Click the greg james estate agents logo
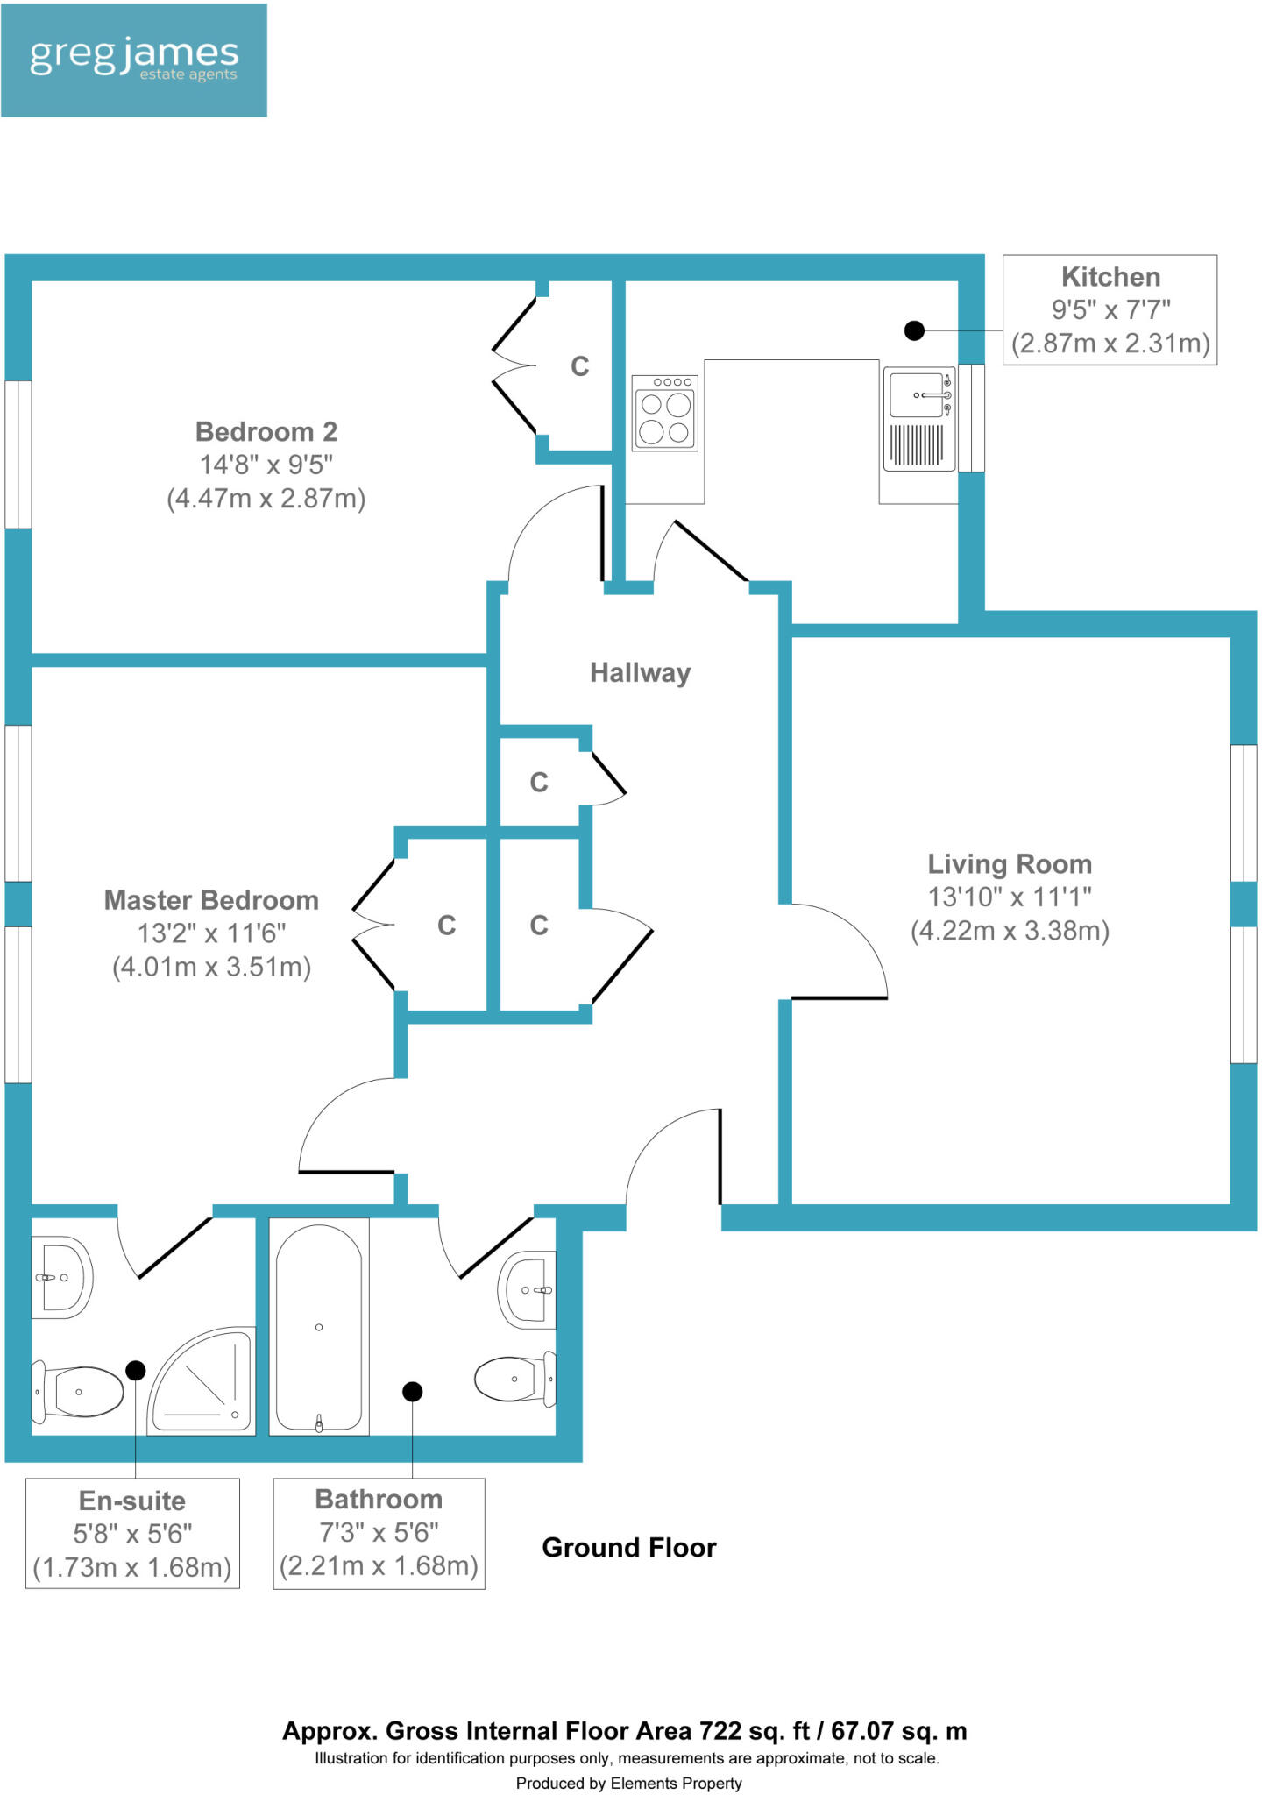134,60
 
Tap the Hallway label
640,672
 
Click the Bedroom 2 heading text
266,431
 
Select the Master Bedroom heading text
211,900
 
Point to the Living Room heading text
1010,864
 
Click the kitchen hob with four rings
665,413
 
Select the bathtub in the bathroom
319,1327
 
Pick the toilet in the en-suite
79,1392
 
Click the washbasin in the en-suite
60,1278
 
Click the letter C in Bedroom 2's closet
579,366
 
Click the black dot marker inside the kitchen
914,330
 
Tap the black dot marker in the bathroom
412,1391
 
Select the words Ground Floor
628,1548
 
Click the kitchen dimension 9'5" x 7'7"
1110,309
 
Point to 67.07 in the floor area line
861,1731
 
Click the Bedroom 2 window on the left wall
18,454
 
